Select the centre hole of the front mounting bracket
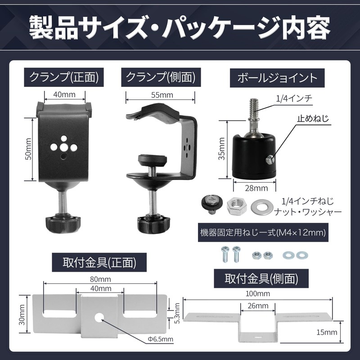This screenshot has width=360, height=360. coord(99,317)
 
